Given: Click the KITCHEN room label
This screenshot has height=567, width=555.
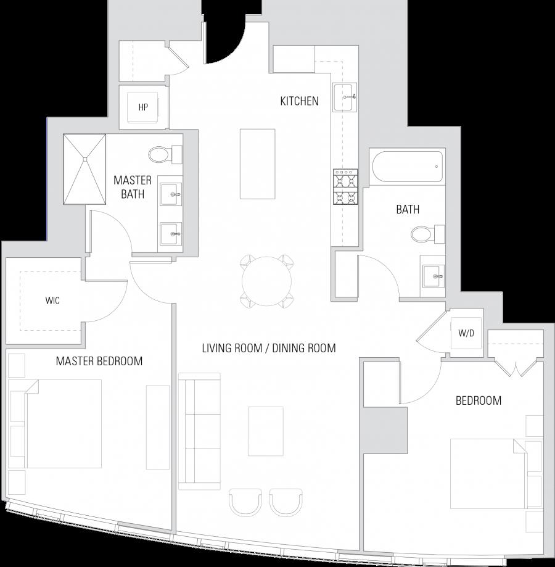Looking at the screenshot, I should point(299,101).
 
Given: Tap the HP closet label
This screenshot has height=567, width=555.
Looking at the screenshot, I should point(143,107).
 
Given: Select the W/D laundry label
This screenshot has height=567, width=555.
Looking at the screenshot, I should point(466,334).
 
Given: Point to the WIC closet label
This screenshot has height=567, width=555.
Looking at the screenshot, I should point(52,301).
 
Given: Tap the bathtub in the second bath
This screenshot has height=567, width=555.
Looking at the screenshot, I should point(408,167).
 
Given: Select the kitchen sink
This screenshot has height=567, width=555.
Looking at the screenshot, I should point(345,97).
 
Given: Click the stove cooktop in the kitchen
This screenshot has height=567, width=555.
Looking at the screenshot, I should point(346,187).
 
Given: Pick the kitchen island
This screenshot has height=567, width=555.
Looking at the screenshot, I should point(257,163).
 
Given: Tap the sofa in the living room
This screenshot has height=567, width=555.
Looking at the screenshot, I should point(199,430).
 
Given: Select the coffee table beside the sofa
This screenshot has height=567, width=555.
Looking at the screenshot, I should point(266,431).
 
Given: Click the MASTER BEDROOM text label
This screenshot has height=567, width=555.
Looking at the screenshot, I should point(99,362).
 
